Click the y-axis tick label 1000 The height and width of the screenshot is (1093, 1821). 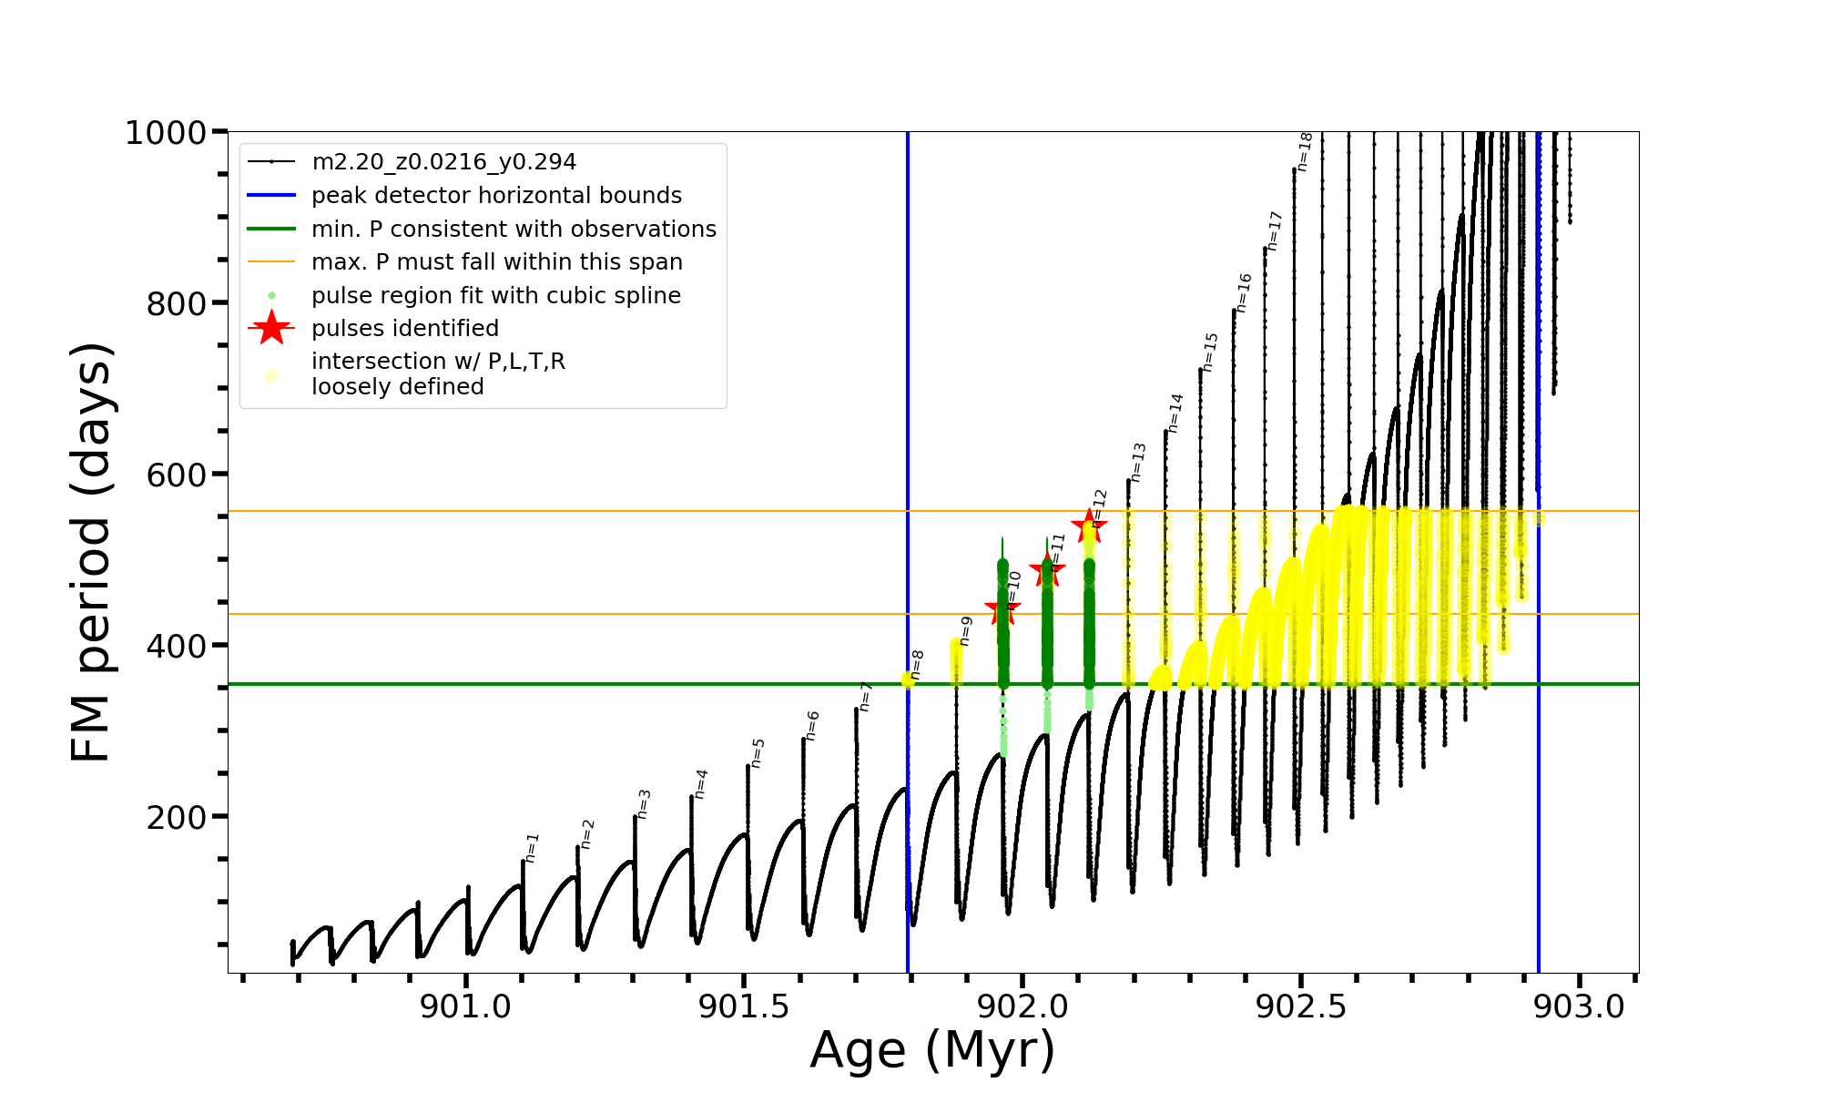166,133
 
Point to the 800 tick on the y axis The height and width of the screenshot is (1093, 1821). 177,303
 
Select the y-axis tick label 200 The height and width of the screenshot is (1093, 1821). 177,817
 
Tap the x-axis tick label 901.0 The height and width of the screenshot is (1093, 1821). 465,1006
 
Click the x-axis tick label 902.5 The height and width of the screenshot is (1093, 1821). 1301,1006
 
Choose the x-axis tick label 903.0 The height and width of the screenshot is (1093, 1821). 1579,1006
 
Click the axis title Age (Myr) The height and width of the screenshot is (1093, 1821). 932,1050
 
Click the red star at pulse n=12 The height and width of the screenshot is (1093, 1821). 1089,526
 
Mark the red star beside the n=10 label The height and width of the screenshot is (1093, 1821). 1002,608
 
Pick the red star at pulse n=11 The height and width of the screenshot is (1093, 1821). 1047,571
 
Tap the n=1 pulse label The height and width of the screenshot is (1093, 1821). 533,847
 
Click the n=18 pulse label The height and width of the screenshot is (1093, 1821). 1305,152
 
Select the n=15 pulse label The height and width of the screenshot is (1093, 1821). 1210,352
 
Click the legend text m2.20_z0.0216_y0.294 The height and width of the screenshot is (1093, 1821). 443,162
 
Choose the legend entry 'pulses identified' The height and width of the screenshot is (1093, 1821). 404,329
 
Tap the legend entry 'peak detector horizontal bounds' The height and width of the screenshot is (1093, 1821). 496,196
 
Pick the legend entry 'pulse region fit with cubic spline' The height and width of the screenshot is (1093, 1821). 495,296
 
